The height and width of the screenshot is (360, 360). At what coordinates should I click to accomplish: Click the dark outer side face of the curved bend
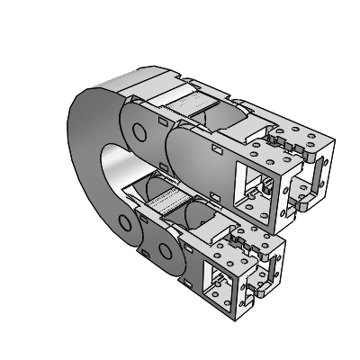(85, 153)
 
